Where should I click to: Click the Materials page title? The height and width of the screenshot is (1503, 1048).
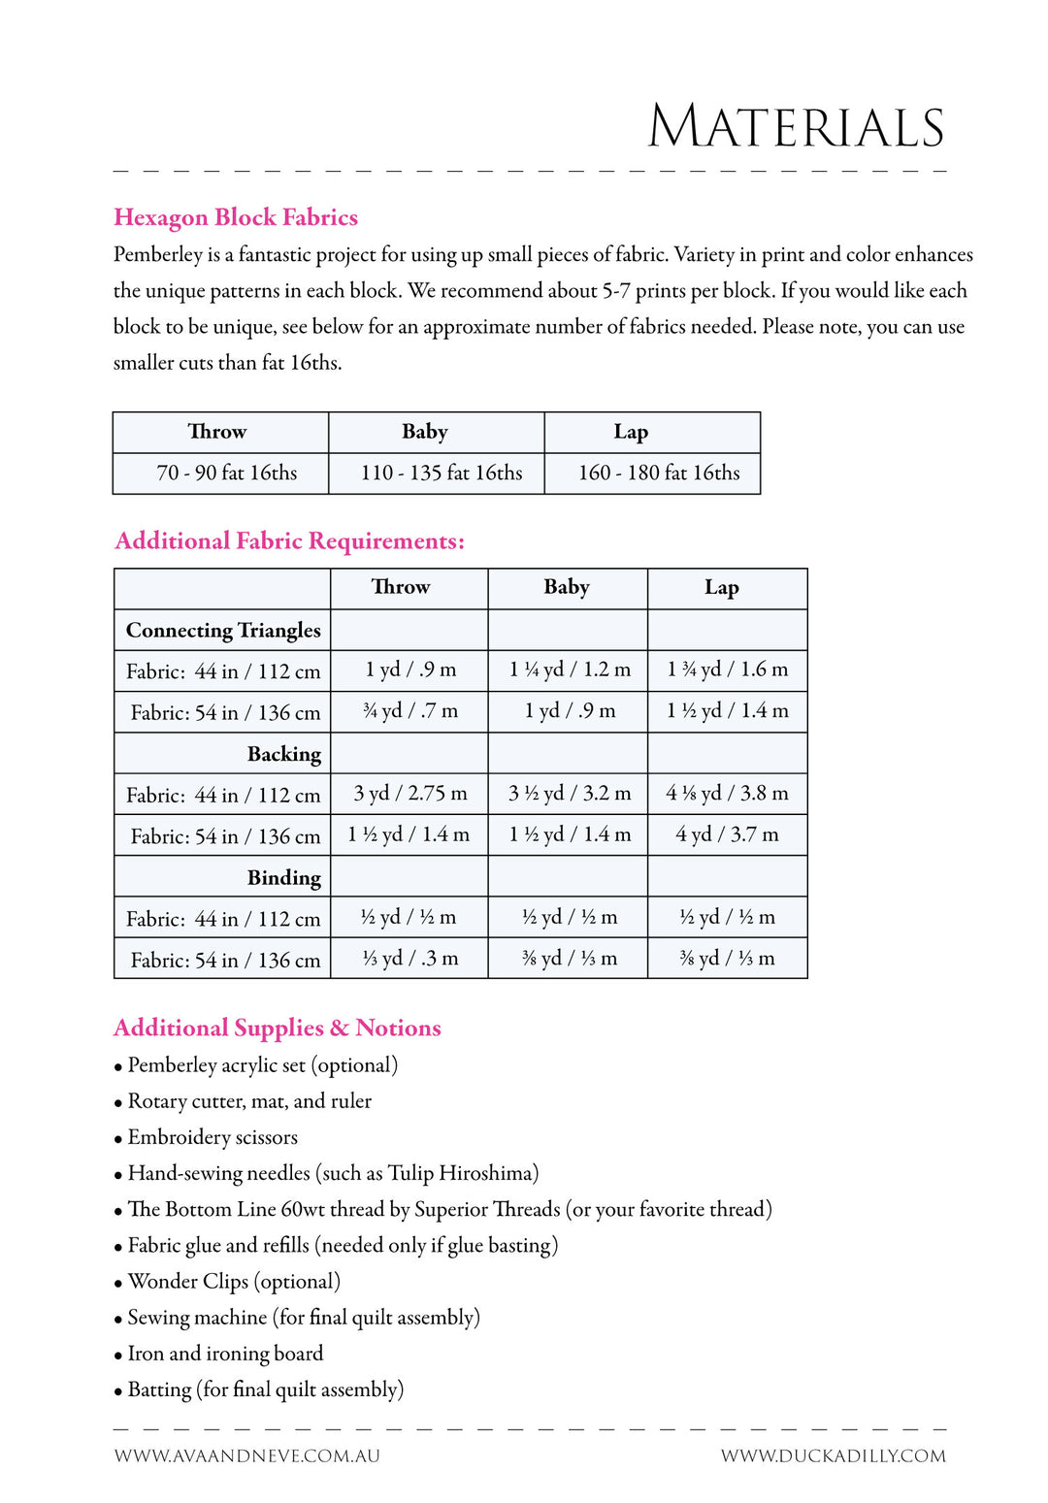point(796,127)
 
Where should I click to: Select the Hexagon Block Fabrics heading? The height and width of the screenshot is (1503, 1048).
point(236,217)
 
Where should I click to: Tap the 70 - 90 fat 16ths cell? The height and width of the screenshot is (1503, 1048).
point(227,474)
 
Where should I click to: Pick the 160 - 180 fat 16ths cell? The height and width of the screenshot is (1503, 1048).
point(659,474)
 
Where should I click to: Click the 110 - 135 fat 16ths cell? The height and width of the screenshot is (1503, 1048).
point(442,474)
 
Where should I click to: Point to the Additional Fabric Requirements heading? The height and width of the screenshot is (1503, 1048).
point(289,541)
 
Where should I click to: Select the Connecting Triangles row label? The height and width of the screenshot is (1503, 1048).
point(223,631)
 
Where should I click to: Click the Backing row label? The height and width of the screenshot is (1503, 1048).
point(283,754)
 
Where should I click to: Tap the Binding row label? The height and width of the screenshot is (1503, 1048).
point(283,878)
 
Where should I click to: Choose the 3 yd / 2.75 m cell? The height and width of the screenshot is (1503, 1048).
point(409,794)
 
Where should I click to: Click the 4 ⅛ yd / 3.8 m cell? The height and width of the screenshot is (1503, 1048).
point(727,794)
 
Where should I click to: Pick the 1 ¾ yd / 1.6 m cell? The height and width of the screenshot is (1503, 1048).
point(727,670)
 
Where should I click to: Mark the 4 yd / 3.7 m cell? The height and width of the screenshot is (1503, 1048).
point(727,834)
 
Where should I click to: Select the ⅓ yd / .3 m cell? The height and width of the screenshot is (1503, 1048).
point(409,959)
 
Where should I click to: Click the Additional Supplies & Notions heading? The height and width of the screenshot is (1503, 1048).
point(278,1029)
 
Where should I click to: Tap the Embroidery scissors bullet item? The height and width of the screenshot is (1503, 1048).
point(213,1137)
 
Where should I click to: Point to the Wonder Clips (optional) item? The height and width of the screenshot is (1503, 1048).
point(234,1282)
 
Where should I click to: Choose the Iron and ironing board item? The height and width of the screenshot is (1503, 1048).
point(225,1354)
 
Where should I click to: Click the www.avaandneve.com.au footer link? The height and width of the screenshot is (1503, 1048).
point(246,1455)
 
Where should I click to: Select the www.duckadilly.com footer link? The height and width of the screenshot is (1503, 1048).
point(833,1455)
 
